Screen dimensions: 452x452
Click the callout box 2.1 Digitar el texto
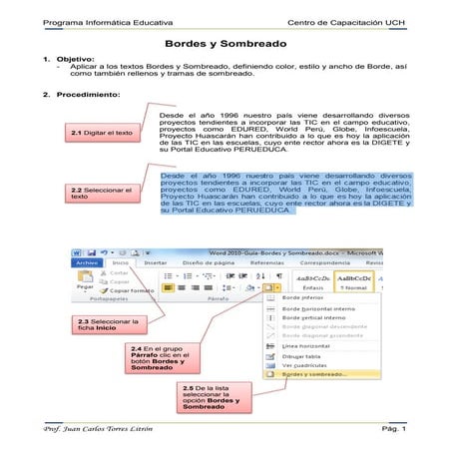click(102, 133)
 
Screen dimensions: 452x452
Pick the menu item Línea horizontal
click(309, 345)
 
